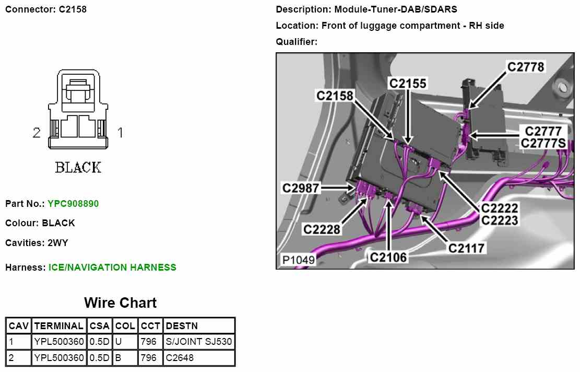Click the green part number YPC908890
click(x=73, y=203)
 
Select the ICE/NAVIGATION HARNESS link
click(x=112, y=268)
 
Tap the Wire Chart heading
click(x=120, y=303)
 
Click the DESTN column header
click(x=181, y=326)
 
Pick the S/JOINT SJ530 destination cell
click(x=198, y=342)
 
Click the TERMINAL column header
click(x=58, y=326)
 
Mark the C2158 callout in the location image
click(x=335, y=96)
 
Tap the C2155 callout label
click(x=407, y=83)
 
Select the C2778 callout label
click(x=526, y=67)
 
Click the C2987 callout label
click(x=301, y=188)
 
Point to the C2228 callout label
click(x=322, y=229)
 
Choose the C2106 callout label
click(x=388, y=257)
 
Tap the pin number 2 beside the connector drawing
click(x=37, y=133)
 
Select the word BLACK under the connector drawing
click(x=78, y=167)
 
